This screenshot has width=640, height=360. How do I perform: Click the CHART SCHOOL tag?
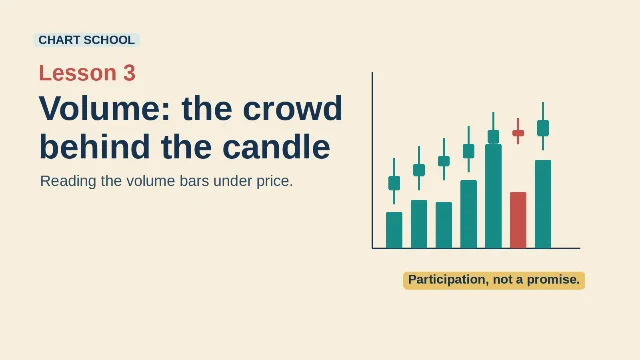point(87,40)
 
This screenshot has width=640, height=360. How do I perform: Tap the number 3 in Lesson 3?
point(129,73)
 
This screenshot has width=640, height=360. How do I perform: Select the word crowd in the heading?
point(292,108)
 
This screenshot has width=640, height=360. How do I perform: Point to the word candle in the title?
point(276,147)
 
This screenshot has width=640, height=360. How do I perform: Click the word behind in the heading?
point(95,147)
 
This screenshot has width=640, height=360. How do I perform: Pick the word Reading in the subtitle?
point(68,181)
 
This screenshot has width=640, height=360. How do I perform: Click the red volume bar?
point(518,220)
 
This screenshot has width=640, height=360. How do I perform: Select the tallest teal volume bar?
point(493,196)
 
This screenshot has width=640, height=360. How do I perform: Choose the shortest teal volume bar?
point(394,230)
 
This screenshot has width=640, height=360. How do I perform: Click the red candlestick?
point(518,132)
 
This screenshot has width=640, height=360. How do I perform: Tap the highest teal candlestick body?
point(543,128)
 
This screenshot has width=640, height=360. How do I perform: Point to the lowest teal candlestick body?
point(394,183)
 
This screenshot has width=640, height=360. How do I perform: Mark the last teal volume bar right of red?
point(543,204)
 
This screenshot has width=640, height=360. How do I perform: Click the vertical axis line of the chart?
point(372,160)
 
